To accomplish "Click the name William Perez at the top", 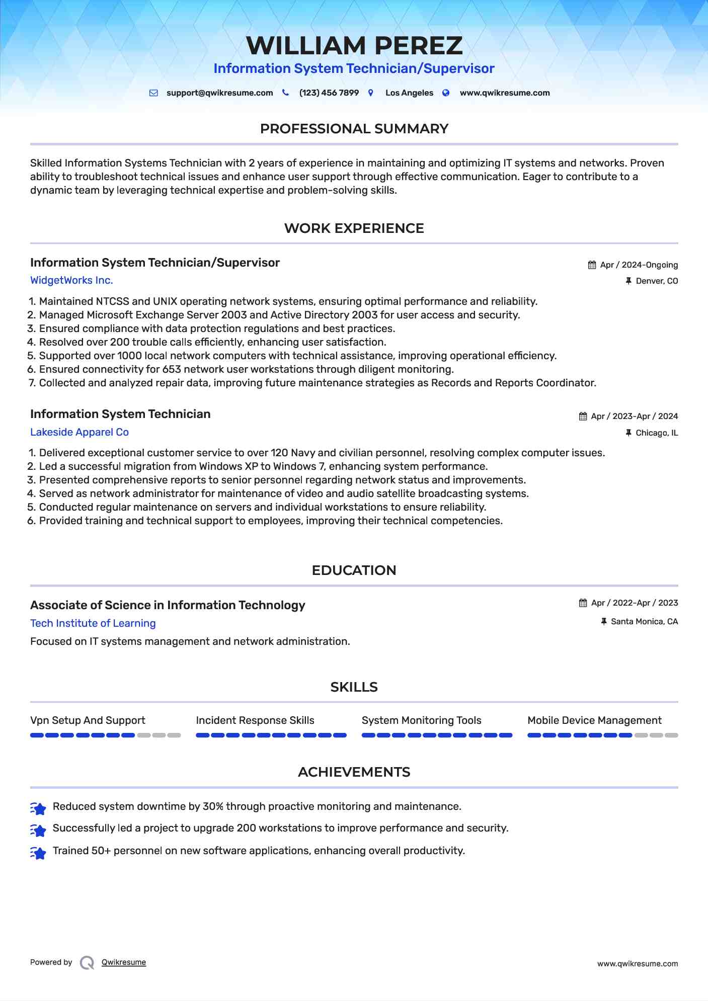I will click(x=354, y=46).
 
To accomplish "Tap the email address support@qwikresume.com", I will click(x=219, y=93).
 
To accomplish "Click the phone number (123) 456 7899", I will click(x=329, y=93).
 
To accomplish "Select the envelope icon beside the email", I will click(x=153, y=93).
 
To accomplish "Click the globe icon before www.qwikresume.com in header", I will click(x=446, y=93).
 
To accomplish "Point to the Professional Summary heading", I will click(x=354, y=129).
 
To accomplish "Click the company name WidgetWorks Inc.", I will click(x=71, y=281).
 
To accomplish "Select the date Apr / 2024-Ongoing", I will click(x=639, y=265).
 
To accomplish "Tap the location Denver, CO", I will click(x=657, y=281).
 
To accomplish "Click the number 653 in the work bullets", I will click(x=171, y=370).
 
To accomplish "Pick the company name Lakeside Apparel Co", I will click(x=80, y=433).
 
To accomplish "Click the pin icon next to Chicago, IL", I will click(x=628, y=433).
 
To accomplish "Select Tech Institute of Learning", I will click(x=93, y=624).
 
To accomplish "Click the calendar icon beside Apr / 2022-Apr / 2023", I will click(x=583, y=603).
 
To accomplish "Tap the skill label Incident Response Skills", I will click(x=255, y=721).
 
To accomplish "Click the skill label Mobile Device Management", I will click(x=594, y=721).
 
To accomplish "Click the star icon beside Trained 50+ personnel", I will click(x=38, y=853).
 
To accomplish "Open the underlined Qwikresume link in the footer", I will click(x=124, y=963).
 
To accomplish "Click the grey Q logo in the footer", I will click(x=87, y=963).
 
